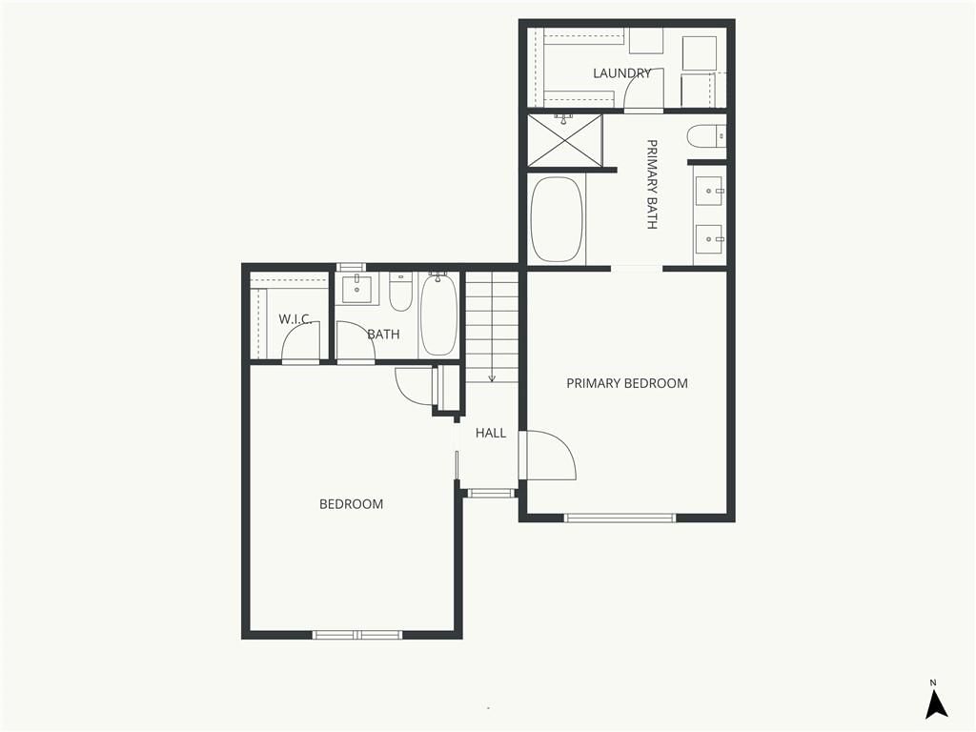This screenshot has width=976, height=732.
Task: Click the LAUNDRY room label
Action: pos(621,73)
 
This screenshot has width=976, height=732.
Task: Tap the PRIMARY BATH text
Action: pos(652,184)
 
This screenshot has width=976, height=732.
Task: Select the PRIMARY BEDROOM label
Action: pos(627,383)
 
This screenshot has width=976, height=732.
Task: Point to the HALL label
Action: pos(491,433)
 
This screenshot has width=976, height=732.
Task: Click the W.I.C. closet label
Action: pos(295,319)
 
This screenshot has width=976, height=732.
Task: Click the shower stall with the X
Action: pos(565,140)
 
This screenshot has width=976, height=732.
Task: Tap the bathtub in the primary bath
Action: pos(557,219)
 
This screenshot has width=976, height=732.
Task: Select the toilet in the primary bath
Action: pos(706,136)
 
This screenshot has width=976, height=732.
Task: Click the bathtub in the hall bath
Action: pos(438,315)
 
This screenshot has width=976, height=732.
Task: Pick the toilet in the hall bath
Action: pos(401,292)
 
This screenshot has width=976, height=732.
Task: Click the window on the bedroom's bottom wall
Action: pos(357,635)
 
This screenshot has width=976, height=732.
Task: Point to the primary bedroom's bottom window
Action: pos(620,518)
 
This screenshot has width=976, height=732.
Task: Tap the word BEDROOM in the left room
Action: pos(351,504)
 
